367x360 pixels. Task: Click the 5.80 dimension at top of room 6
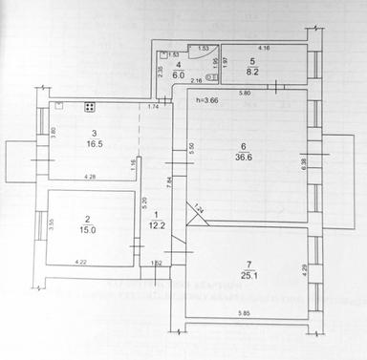(246, 92)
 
